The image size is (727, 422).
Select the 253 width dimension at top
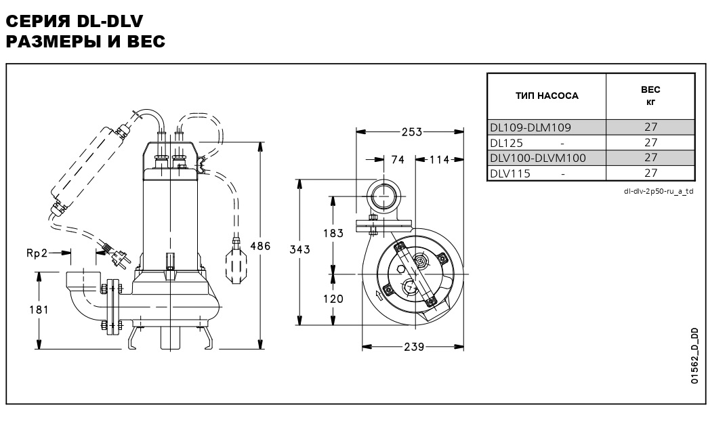point(409,131)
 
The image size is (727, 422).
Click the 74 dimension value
point(397,160)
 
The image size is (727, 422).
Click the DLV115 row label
point(510,173)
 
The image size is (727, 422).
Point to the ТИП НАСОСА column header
point(547,96)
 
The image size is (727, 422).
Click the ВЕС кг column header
point(650,96)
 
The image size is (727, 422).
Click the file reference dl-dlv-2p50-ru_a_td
point(659,191)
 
